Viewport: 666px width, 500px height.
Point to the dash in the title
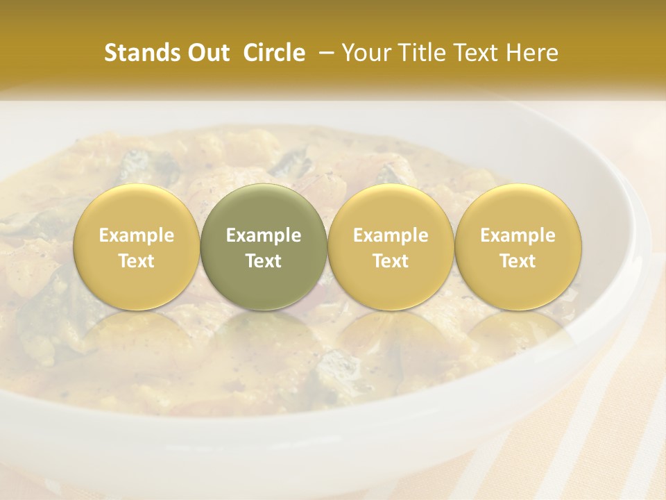click(323, 53)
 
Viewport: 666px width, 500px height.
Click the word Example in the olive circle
click(264, 235)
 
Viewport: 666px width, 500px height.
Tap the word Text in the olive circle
click(264, 261)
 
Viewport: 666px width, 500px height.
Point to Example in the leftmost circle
click(137, 235)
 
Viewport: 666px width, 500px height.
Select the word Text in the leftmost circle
click(137, 261)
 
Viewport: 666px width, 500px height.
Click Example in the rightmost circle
click(518, 235)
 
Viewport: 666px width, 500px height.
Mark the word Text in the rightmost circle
click(518, 261)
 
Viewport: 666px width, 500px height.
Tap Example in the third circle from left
click(391, 235)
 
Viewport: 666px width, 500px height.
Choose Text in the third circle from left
click(391, 261)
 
